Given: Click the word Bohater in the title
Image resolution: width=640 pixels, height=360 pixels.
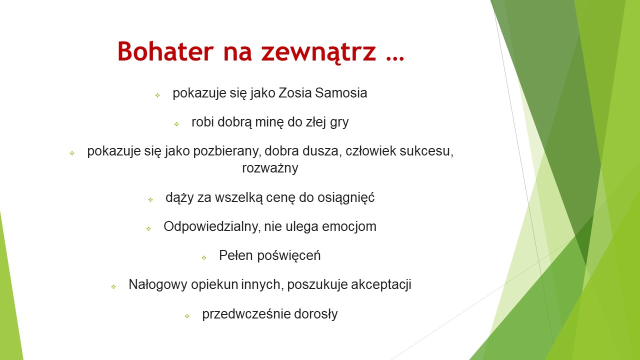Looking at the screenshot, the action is point(165,51).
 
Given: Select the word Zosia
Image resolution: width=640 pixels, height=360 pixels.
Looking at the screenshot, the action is point(295,93).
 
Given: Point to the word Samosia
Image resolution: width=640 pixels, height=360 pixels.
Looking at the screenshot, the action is point(341,93).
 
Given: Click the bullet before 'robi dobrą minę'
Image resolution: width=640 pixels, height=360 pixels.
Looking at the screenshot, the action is point(176,124).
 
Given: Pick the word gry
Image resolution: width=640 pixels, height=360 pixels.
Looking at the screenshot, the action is point(339,123).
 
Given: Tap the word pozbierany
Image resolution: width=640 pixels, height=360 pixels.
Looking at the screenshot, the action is point(227,151).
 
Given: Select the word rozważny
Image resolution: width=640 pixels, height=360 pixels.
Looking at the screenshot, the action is point(270,168).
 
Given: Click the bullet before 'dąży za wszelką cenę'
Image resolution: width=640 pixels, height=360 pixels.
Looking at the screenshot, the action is point(150,199).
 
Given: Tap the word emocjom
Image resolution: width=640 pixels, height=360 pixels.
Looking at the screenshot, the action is point(349,227).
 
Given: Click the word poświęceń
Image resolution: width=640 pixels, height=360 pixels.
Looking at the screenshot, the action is point(289,255).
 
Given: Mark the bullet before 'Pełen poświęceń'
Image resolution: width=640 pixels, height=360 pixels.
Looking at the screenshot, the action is point(204,258).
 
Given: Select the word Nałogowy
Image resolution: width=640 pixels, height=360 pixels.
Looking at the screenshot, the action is point(158,285).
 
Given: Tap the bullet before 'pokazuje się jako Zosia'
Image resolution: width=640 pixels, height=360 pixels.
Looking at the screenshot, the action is point(157,95).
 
